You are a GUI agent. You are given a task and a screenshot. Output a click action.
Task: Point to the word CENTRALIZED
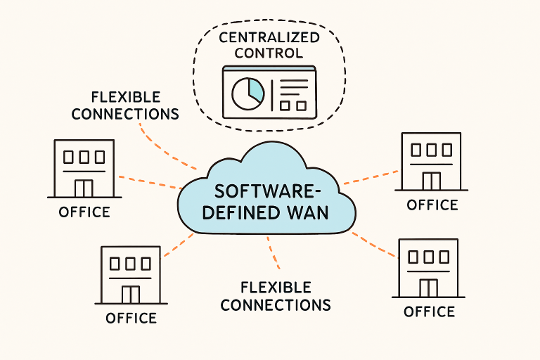tap(270, 37)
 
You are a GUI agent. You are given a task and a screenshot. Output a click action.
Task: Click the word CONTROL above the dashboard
tap(270, 53)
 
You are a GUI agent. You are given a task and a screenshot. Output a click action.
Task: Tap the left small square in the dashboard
tap(285, 105)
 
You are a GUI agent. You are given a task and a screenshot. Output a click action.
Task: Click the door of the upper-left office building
tap(84, 188)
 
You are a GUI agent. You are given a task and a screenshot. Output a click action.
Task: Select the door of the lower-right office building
tap(428, 288)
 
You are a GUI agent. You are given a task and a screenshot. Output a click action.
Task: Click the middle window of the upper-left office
tap(84, 155)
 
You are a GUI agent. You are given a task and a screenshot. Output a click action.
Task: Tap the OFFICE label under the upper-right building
tap(432, 205)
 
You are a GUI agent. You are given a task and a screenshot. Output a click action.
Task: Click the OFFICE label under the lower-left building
tap(131, 318)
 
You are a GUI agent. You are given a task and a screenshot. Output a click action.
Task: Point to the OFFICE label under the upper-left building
tap(84, 212)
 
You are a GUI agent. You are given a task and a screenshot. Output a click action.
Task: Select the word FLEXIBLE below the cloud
tap(276, 287)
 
